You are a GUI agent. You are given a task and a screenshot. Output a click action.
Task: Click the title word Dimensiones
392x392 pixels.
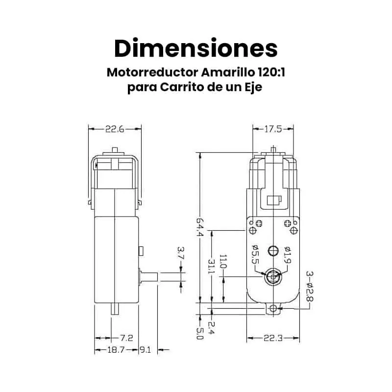196,48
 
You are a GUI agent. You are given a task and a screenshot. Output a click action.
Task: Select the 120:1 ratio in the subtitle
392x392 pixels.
271,73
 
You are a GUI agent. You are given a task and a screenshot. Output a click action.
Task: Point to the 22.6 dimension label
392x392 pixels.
115,129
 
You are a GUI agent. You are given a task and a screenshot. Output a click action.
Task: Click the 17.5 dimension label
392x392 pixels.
273,129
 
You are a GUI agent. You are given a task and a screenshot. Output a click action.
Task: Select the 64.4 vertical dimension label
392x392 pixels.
200,227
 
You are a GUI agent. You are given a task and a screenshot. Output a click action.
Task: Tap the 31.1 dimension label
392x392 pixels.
212,267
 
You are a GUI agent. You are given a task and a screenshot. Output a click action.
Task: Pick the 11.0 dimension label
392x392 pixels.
223,262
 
